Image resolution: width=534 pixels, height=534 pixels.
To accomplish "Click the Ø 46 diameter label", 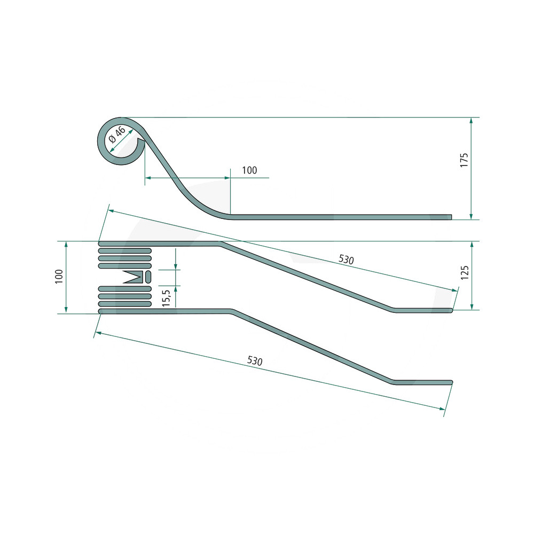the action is pyautogui.click(x=117, y=135).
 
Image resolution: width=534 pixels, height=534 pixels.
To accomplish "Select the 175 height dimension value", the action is pyautogui.click(x=464, y=160).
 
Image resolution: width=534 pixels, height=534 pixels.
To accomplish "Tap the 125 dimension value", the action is pyautogui.click(x=464, y=272).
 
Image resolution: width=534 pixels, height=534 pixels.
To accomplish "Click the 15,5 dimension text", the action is pyautogui.click(x=166, y=298).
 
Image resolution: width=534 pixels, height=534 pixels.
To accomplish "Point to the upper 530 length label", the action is pyautogui.click(x=346, y=260).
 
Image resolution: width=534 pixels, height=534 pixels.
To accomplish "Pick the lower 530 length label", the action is pyautogui.click(x=255, y=360).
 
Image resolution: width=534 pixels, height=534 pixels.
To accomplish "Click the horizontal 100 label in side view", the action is pyautogui.click(x=249, y=170).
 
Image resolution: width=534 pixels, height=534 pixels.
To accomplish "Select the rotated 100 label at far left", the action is pyautogui.click(x=59, y=276).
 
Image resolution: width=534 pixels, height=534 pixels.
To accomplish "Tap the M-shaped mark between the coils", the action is pyautogui.click(x=133, y=277).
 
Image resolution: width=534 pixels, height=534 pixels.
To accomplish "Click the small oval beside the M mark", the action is pyautogui.click(x=148, y=277).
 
